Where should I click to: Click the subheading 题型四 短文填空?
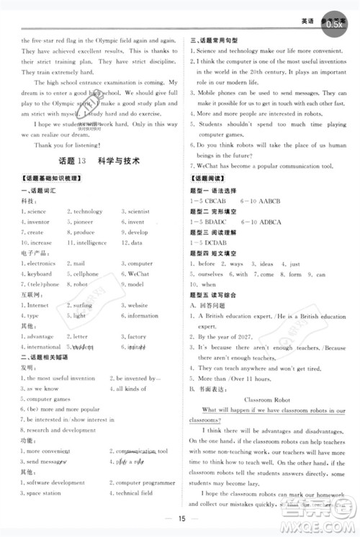tap(218, 253)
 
